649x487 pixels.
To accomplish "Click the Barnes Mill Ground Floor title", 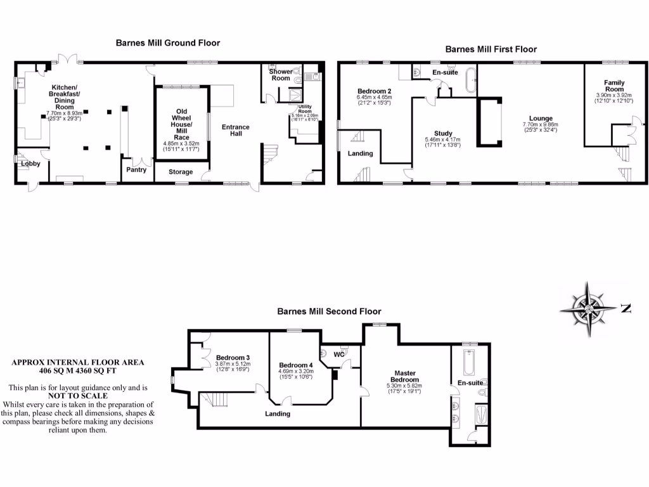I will [167, 43].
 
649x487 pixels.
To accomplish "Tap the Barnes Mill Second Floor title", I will [329, 311].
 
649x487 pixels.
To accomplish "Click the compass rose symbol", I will [589, 309].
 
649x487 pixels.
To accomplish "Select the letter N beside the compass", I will [626, 309].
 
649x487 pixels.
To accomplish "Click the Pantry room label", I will [136, 170].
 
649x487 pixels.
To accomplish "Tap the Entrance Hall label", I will [235, 131].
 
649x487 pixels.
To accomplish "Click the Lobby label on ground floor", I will [30, 164].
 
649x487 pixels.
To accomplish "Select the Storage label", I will [181, 171].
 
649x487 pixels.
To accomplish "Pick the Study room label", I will [444, 133].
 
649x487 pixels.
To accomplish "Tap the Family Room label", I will [614, 86].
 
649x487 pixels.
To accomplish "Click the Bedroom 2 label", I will [375, 91].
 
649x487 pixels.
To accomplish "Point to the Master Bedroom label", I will [404, 376].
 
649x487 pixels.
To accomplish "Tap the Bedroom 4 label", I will [296, 365].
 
